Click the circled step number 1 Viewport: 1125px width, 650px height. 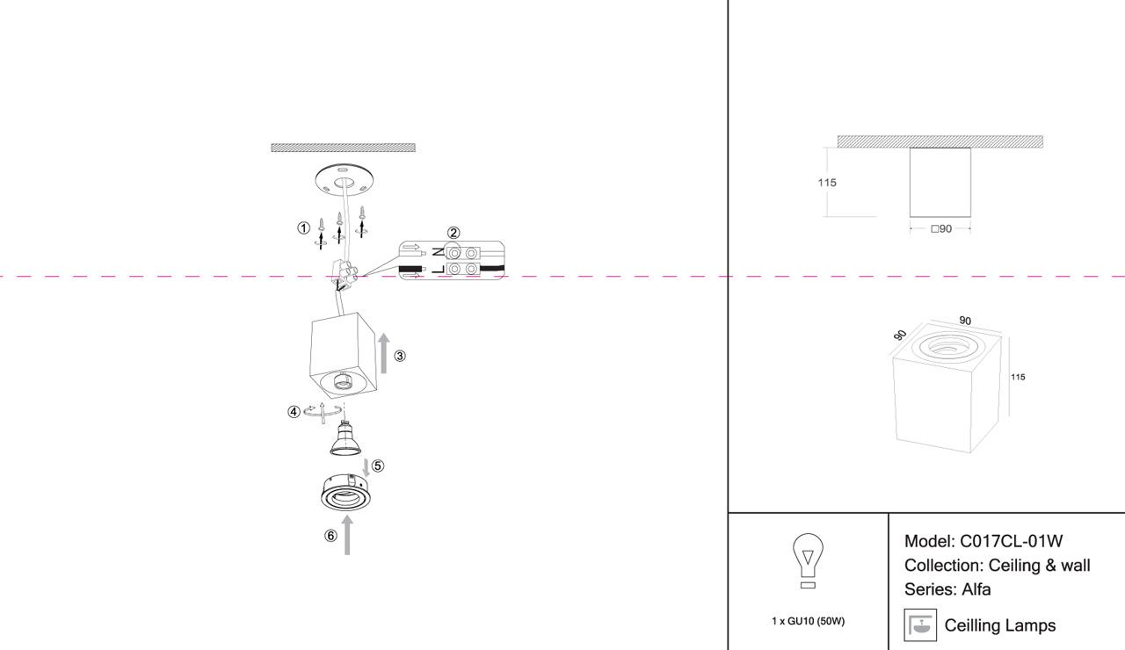(x=303, y=228)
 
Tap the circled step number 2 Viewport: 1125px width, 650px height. (x=454, y=233)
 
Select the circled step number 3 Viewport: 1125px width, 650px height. (x=400, y=356)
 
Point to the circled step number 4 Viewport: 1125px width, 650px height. (x=294, y=411)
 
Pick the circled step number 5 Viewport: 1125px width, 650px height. (x=378, y=466)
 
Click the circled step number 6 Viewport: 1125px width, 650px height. (x=330, y=535)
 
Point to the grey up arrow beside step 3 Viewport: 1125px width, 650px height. (x=383, y=353)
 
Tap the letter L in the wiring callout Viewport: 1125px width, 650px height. (x=438, y=268)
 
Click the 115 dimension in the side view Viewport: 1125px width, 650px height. (x=826, y=183)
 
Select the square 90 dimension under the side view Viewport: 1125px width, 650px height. (x=940, y=229)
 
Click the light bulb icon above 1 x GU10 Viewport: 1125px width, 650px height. (x=808, y=561)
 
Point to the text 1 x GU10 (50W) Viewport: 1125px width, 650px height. (x=808, y=621)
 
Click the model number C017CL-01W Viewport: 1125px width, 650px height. (x=1011, y=541)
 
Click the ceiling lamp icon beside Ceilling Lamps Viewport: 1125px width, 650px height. (x=920, y=625)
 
